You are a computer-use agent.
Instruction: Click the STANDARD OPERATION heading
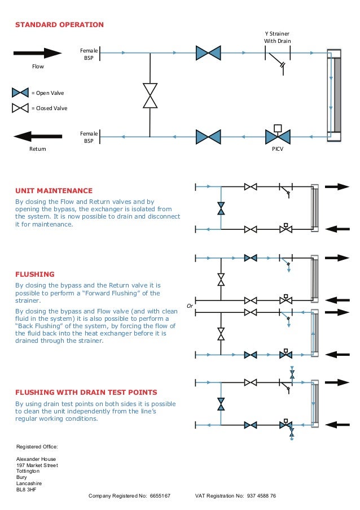pos(59,25)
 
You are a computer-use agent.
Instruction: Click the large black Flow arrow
pos(37,53)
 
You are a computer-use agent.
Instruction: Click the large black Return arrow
pos(37,136)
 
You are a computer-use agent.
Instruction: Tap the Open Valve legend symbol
pos(20,92)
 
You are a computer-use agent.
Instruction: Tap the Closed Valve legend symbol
pos(20,107)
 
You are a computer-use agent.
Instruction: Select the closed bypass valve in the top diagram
pos(150,95)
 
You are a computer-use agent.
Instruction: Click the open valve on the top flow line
pos(208,53)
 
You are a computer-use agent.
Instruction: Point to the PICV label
pos(277,149)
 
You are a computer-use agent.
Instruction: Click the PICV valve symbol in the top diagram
pos(277,136)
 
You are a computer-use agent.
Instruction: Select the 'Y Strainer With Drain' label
pos(277,37)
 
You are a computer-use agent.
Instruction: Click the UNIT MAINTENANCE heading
pos(54,191)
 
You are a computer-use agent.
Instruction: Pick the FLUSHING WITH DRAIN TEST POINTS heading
pos(86,392)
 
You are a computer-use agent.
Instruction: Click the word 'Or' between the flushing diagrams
pos(190,306)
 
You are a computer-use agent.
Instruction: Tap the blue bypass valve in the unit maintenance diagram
pos(221,208)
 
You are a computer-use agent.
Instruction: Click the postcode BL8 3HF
pos(27,489)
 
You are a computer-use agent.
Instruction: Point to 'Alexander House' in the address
pos(36,459)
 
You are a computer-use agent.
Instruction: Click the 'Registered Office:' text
pos(37,447)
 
